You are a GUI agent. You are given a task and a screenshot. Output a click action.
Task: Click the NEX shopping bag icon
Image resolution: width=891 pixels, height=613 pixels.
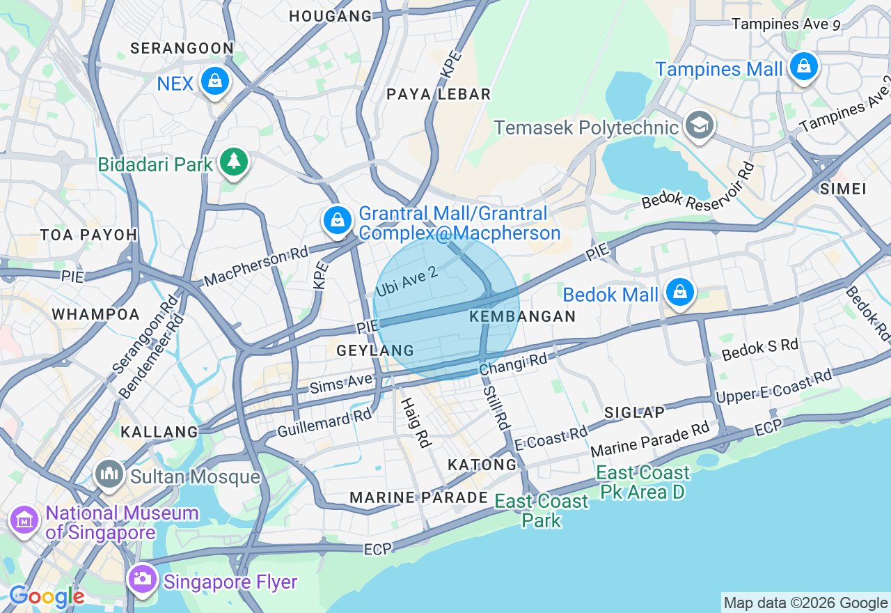tap(215, 82)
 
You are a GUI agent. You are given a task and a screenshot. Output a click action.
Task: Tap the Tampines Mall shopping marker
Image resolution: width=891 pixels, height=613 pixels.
tap(803, 67)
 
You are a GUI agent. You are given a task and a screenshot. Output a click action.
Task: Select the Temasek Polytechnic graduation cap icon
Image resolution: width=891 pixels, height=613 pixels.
tap(699, 125)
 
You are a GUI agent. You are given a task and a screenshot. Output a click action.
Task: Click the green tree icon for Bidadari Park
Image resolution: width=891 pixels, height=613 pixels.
tap(234, 162)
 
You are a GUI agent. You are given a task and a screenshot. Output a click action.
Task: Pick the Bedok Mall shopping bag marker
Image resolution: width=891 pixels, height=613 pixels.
tap(679, 293)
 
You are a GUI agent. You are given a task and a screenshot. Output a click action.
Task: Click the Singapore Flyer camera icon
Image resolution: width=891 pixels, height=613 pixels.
tap(143, 579)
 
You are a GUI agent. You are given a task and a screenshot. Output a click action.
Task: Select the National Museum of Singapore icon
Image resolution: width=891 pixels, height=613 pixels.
tap(24, 520)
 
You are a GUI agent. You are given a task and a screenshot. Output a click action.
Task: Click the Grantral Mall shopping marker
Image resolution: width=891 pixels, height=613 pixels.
tap(338, 221)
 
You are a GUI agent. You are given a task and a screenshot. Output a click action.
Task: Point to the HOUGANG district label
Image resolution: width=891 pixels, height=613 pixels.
tap(331, 16)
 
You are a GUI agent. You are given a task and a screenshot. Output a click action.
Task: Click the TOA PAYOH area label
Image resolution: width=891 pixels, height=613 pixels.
tap(88, 235)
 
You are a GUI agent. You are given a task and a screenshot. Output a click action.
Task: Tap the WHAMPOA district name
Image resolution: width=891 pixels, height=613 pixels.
tap(96, 314)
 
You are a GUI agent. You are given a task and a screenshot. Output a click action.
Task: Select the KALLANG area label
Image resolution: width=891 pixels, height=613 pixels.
tap(159, 432)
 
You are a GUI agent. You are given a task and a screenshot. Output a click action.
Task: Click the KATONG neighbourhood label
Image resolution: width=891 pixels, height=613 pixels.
tap(482, 465)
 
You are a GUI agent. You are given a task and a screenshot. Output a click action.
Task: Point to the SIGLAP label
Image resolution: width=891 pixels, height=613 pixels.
tap(634, 412)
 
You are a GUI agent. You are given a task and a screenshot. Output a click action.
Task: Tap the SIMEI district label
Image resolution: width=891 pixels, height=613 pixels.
tap(843, 189)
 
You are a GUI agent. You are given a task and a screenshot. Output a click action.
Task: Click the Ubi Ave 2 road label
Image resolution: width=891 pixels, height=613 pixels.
tap(407, 281)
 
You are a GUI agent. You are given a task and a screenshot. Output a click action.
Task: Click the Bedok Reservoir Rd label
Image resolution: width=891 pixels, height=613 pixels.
tap(698, 187)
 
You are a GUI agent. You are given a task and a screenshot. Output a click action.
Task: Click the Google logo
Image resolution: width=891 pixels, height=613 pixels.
tap(46, 596)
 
